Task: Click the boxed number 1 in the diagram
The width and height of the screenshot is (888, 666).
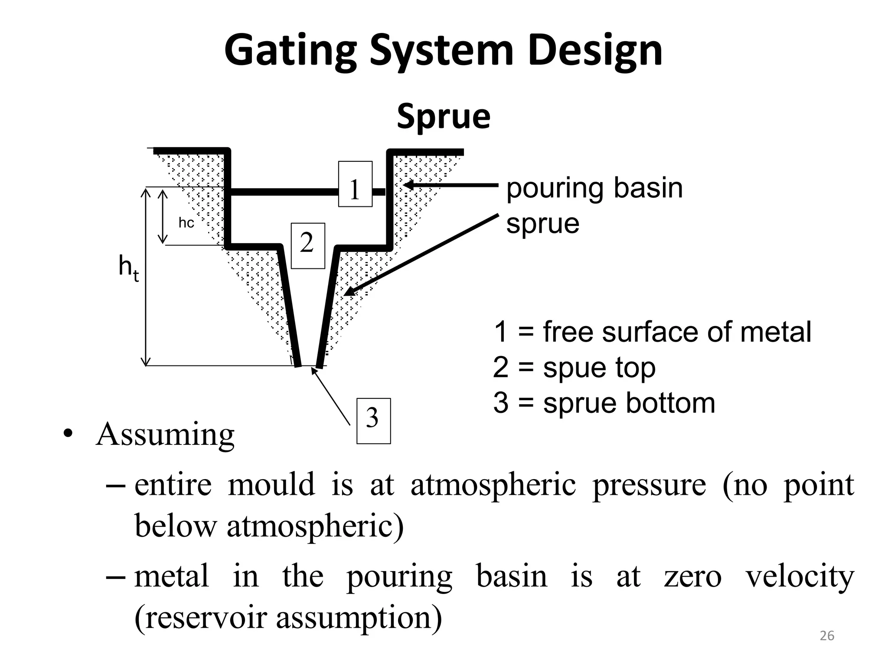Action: (x=355, y=184)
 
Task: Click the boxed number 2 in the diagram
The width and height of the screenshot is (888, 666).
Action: (x=308, y=245)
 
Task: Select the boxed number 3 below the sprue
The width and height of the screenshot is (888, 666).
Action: (x=373, y=421)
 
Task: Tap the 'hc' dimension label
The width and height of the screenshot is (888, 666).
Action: (x=186, y=223)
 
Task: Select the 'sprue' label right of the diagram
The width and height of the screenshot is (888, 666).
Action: (x=542, y=224)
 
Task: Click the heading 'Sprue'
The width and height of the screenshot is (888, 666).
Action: (x=443, y=116)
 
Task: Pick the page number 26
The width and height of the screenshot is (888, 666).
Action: (x=827, y=636)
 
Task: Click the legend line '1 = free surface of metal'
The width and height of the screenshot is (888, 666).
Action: (x=652, y=332)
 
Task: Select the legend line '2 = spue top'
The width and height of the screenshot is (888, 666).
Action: (x=574, y=368)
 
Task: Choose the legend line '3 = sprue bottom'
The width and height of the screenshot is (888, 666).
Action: (x=604, y=403)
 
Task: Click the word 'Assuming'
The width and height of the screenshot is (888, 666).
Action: (x=165, y=434)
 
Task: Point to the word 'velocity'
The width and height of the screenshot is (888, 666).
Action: (x=800, y=577)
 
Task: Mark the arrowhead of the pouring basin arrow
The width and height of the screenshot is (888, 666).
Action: (x=408, y=185)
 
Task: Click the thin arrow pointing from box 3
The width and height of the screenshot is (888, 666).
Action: (x=330, y=396)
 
